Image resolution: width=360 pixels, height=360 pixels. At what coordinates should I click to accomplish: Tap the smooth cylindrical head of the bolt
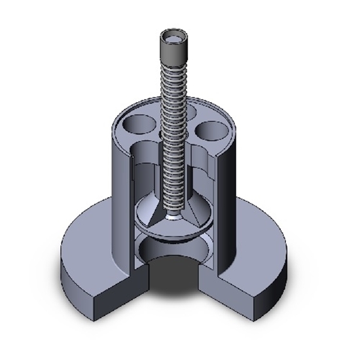[172, 52]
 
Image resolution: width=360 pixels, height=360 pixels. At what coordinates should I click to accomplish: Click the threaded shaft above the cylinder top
[172, 92]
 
